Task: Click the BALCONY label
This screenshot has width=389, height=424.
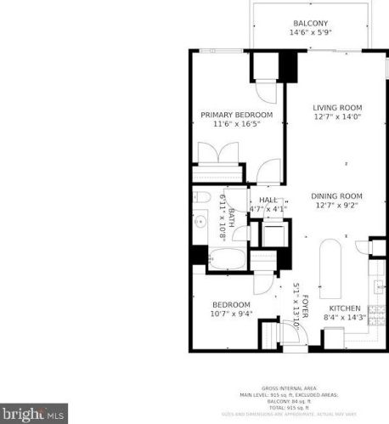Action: [311, 24]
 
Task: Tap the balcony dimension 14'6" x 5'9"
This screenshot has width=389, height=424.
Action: [311, 33]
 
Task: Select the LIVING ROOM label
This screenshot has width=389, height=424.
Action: [337, 108]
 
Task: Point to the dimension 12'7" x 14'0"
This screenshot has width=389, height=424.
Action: [337, 117]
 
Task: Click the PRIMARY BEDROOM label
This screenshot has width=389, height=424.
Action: [236, 115]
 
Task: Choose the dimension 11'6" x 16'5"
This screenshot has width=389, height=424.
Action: [236, 124]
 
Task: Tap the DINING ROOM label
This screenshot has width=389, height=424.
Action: [337, 195]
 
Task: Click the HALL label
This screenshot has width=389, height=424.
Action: [268, 200]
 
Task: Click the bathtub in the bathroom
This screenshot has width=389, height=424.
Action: [226, 259]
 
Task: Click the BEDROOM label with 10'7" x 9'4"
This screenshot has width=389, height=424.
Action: [231, 305]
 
